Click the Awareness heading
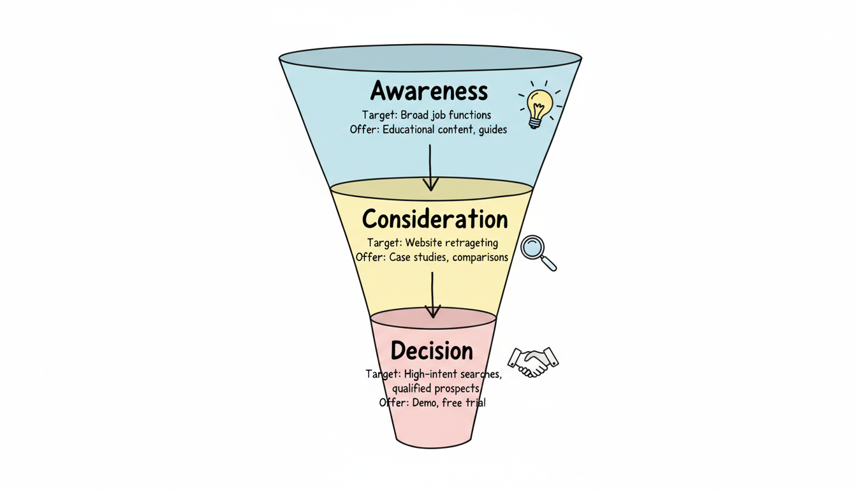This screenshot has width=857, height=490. (428, 91)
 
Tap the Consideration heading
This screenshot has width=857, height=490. (435, 219)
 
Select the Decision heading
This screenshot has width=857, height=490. (432, 351)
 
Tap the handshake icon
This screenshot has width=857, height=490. (532, 362)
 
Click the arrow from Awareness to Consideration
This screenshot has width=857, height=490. (431, 167)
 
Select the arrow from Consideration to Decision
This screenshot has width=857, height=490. (433, 294)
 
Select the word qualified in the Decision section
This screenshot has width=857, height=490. (412, 389)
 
